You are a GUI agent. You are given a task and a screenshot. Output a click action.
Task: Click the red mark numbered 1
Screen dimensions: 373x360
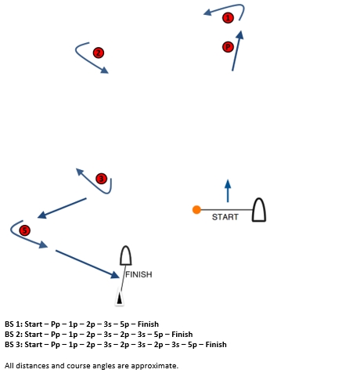[228, 17]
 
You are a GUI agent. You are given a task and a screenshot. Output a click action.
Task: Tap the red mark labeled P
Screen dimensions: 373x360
[228, 47]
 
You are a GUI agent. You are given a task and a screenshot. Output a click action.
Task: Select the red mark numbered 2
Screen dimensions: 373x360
[98, 53]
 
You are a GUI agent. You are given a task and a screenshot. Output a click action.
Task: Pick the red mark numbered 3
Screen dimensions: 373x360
[100, 179]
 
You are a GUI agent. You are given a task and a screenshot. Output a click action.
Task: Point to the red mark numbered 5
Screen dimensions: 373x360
[24, 230]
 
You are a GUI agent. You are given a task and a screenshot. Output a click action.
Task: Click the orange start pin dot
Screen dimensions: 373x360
[196, 209]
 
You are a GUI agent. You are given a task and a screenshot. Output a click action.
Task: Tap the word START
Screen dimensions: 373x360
[225, 217]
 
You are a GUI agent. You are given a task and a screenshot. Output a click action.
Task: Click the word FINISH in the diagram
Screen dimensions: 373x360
[139, 275]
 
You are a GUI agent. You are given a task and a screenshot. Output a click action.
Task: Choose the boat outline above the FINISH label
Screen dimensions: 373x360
[125, 256]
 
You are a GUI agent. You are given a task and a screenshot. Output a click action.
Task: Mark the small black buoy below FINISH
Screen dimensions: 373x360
[119, 299]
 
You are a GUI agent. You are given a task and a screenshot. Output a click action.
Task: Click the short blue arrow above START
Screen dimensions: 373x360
[228, 190]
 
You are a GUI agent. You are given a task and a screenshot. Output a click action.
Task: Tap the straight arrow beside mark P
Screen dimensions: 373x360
[236, 51]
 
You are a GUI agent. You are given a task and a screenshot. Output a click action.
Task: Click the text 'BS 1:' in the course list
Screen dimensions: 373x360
[13, 324]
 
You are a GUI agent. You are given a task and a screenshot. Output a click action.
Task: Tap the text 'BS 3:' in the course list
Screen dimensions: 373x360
[13, 344]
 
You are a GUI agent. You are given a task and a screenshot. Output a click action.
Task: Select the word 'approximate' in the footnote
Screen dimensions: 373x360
[154, 365]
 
